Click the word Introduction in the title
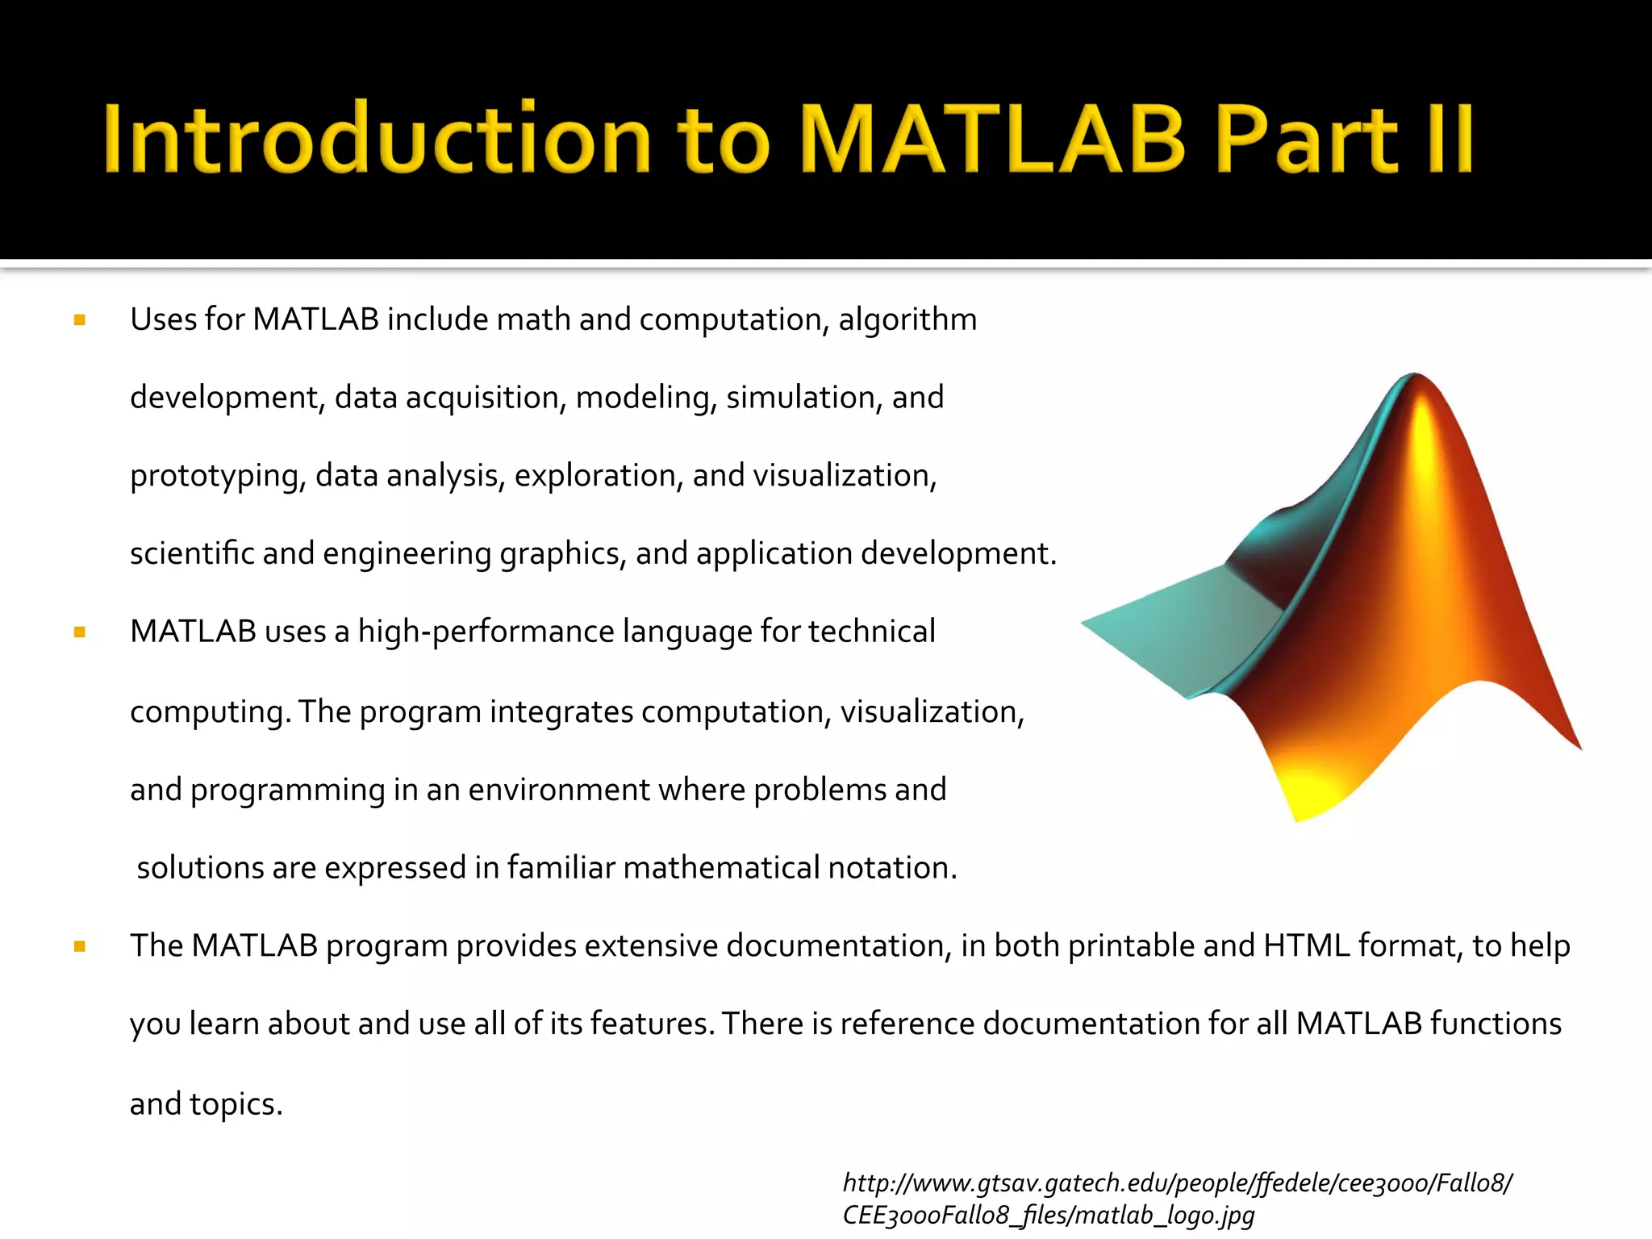(x=376, y=139)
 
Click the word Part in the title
(x=1307, y=139)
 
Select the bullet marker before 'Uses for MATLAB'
(x=79, y=320)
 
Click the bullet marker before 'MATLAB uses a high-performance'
(x=79, y=632)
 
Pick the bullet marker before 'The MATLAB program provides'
(x=79, y=946)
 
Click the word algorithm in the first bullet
(x=907, y=320)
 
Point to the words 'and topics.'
(x=206, y=1103)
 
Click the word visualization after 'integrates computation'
(x=932, y=711)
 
